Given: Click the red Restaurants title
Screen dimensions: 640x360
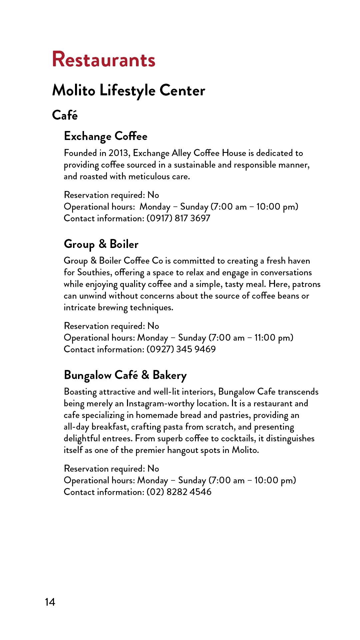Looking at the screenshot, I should pos(104,60).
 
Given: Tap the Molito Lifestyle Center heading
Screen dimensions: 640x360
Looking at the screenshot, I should pos(129,90).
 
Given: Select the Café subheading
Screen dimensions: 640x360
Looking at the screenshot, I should pos(65,115).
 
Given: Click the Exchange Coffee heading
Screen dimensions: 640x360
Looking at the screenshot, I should pos(106,136).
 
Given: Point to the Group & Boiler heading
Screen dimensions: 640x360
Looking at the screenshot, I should pos(101,244).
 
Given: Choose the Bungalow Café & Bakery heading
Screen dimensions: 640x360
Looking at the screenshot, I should pos(125,375).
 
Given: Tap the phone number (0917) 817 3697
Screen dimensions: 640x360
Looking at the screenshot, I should pos(178,218).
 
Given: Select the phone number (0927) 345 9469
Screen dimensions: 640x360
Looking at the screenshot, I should pos(181,349).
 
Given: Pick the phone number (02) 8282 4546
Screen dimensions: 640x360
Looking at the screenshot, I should pos(179,492).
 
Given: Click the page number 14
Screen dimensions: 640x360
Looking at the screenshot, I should pos(50,602).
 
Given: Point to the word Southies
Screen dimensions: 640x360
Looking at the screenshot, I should pos(94,273).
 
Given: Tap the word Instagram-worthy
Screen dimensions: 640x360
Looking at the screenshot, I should pos(160,404).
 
